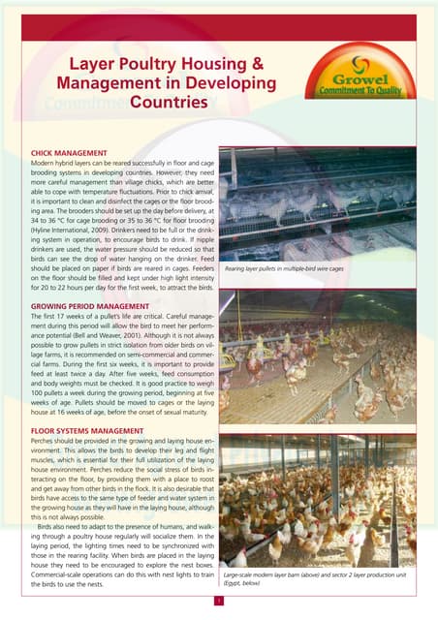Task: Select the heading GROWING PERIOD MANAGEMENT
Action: point(91,279)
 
